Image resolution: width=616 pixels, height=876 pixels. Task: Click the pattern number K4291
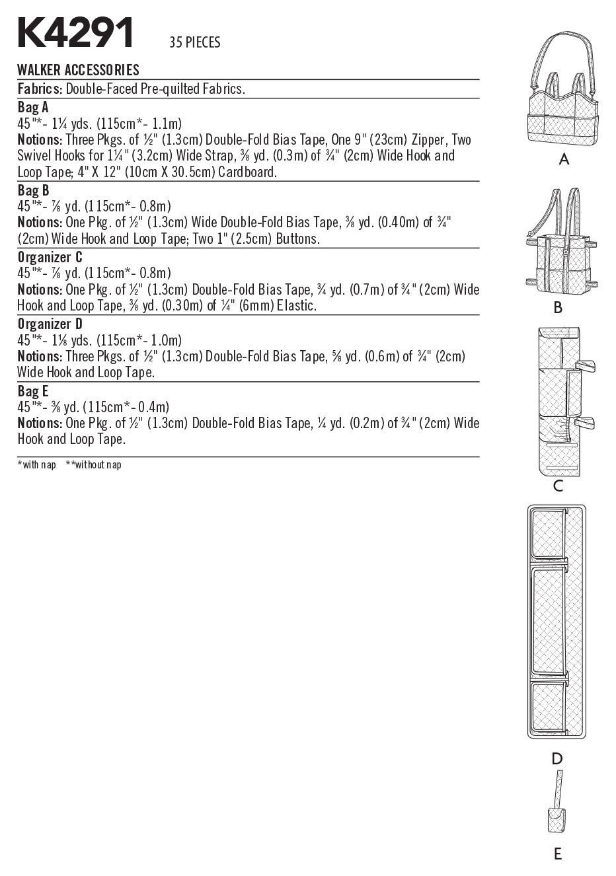(x=76, y=33)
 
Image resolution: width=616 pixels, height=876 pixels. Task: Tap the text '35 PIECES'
(x=194, y=43)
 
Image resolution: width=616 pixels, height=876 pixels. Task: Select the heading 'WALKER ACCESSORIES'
(x=78, y=70)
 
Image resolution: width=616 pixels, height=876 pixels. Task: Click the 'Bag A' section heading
(x=33, y=107)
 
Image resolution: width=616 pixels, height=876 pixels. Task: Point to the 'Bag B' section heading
(x=33, y=190)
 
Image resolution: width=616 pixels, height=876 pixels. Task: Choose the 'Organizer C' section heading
(x=50, y=257)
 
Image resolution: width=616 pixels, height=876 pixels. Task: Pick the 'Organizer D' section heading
(x=50, y=324)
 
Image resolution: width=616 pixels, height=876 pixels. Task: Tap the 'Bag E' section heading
(x=33, y=390)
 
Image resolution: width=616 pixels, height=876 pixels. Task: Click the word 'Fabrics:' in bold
(x=40, y=89)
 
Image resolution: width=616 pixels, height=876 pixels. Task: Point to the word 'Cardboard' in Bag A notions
(x=247, y=172)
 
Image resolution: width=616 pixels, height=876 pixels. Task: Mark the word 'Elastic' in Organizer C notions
(x=296, y=306)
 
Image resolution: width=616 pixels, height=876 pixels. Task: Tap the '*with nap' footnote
(x=37, y=465)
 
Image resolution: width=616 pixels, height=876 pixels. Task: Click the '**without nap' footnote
(x=94, y=465)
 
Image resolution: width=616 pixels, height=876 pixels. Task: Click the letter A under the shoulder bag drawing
(x=564, y=159)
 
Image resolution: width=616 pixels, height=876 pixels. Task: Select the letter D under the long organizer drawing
(x=557, y=759)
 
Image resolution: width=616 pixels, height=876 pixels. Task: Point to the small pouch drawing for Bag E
(x=557, y=819)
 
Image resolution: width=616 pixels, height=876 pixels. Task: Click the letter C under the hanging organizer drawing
(x=558, y=486)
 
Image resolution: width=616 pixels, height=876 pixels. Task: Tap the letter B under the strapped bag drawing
(x=558, y=307)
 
